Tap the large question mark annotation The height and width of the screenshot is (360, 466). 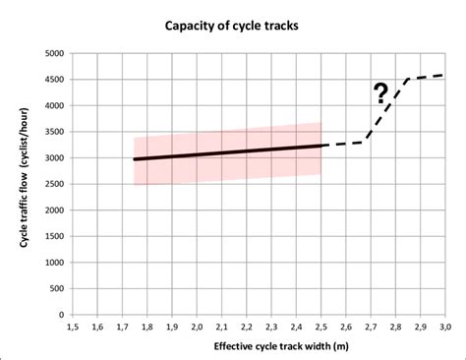(x=379, y=95)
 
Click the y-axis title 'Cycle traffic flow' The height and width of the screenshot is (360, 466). (x=22, y=184)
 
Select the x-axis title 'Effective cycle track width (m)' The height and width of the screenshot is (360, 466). (x=258, y=347)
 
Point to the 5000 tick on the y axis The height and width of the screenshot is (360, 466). (x=53, y=53)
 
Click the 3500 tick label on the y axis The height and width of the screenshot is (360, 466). (x=53, y=132)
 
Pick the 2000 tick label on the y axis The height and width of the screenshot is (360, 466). (x=53, y=210)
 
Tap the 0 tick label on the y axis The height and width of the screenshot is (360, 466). (x=62, y=315)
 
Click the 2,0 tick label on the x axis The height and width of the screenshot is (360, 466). (x=197, y=327)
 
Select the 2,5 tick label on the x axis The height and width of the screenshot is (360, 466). (x=320, y=327)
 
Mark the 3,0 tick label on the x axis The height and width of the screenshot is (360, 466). (x=444, y=327)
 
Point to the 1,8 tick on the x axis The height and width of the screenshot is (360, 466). (x=146, y=327)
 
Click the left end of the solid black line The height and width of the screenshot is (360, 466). (x=135, y=158)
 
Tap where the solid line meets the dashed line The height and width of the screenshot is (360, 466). (x=320, y=146)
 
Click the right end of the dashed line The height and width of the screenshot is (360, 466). (x=444, y=75)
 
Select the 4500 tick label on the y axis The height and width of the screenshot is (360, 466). (x=53, y=80)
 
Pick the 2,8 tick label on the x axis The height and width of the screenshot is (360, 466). (x=395, y=327)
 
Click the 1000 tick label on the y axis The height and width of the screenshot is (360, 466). (x=53, y=263)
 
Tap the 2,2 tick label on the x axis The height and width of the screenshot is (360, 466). (x=246, y=327)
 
